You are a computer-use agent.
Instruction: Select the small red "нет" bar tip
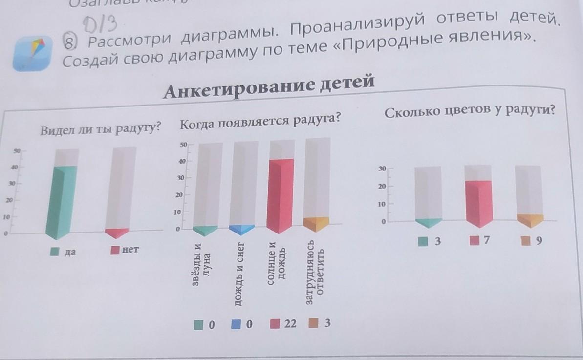click(x=117, y=233)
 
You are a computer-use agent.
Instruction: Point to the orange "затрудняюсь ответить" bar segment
click(x=316, y=223)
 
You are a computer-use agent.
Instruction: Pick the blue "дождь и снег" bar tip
click(x=242, y=229)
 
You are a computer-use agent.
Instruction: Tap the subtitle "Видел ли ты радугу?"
click(x=101, y=129)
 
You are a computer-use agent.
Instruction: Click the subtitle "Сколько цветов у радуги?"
click(x=470, y=112)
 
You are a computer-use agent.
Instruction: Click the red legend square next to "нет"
click(x=115, y=251)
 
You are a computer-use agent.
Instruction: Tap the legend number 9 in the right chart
click(x=539, y=240)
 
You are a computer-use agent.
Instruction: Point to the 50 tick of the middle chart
click(x=183, y=145)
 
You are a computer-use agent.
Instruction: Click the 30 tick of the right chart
click(x=382, y=169)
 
